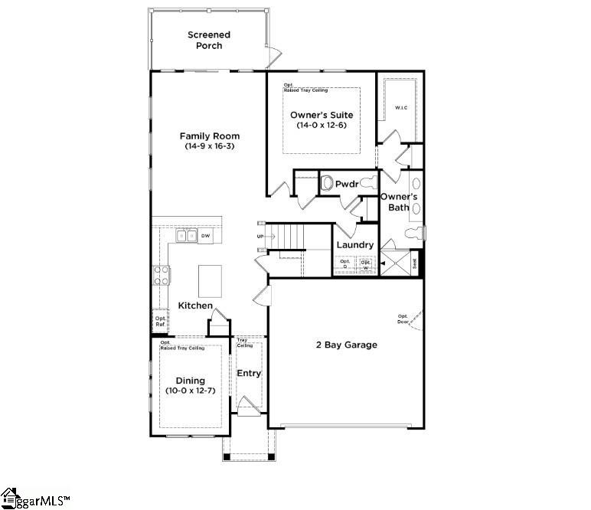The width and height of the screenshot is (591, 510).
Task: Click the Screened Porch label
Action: [208, 40]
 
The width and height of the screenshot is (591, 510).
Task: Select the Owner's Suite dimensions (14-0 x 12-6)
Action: [320, 126]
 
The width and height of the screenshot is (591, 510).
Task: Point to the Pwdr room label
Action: [347, 184]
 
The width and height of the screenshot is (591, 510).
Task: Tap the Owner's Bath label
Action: [399, 202]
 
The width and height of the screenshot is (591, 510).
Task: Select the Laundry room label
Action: [354, 245]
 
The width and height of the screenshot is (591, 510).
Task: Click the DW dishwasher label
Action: [205, 237]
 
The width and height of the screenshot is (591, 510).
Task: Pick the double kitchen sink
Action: [186, 237]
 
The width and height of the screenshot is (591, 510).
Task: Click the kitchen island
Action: [211, 280]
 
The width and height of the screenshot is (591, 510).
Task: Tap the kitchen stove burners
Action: [162, 275]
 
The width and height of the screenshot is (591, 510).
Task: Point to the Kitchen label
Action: [195, 306]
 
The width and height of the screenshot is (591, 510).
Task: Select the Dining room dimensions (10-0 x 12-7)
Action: [191, 391]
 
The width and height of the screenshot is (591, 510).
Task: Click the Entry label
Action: [249, 374]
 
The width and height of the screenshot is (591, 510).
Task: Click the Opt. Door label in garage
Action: [402, 319]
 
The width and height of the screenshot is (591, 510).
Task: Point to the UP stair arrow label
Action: [260, 237]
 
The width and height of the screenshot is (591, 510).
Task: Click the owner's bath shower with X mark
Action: [397, 263]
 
